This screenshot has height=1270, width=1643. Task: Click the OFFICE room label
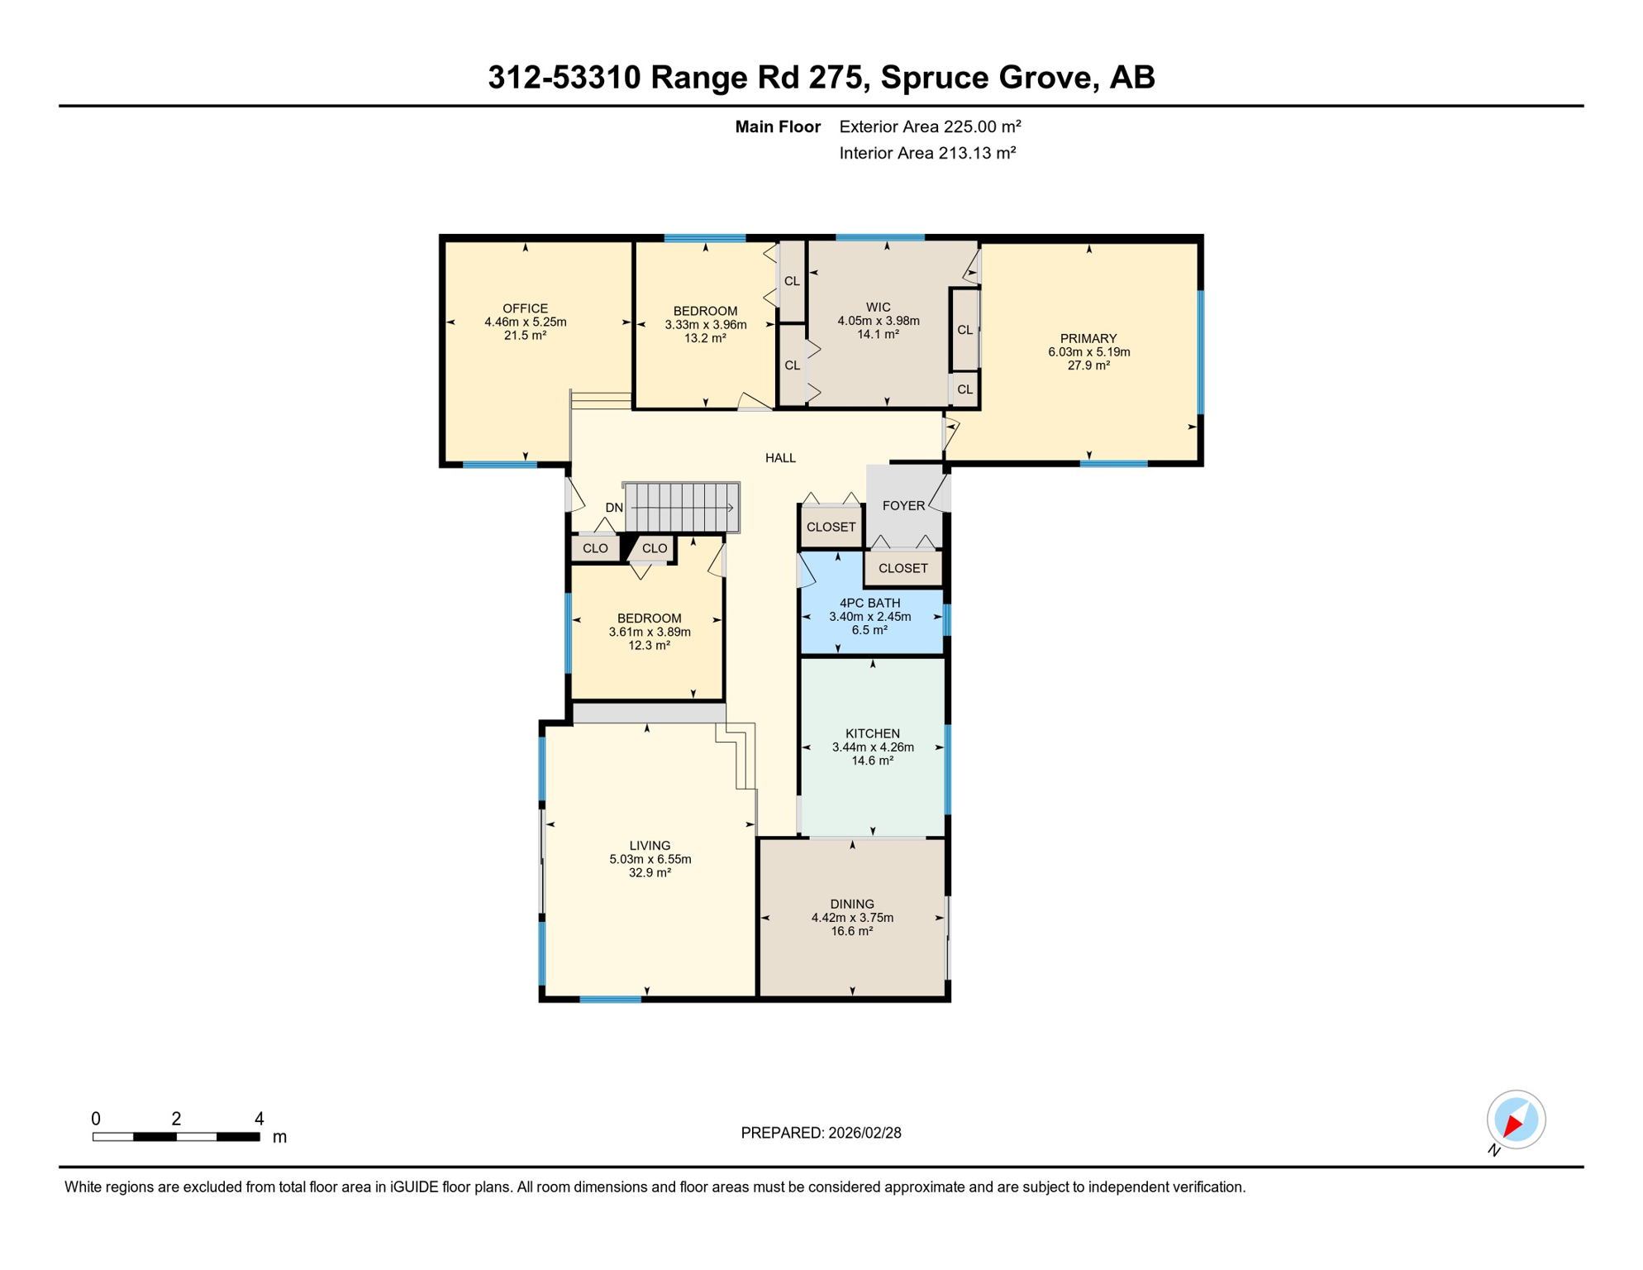[x=526, y=308]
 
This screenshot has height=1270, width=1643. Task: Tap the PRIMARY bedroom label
[x=1088, y=338]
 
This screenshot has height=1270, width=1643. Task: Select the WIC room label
[x=878, y=307]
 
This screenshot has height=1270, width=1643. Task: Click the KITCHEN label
[x=873, y=733]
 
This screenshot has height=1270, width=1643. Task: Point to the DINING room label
[x=852, y=904]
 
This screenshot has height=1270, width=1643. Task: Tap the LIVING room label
[x=650, y=845]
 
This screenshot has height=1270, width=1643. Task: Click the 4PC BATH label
[x=869, y=603]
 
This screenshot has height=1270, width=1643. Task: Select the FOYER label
[x=903, y=505]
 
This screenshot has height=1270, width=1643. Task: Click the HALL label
[x=780, y=457]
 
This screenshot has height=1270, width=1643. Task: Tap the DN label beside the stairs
[x=614, y=508]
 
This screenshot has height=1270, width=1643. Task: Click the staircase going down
[x=682, y=507]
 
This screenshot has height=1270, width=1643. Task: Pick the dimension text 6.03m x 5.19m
[x=1088, y=351]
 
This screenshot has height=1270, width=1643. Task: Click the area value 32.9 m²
[x=650, y=872]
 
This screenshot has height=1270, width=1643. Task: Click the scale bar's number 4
[x=259, y=1119]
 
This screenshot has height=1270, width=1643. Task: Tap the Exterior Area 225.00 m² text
[x=930, y=127]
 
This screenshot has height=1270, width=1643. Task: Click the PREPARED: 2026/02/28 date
[x=821, y=1133]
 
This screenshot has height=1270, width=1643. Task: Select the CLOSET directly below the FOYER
[x=902, y=568]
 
